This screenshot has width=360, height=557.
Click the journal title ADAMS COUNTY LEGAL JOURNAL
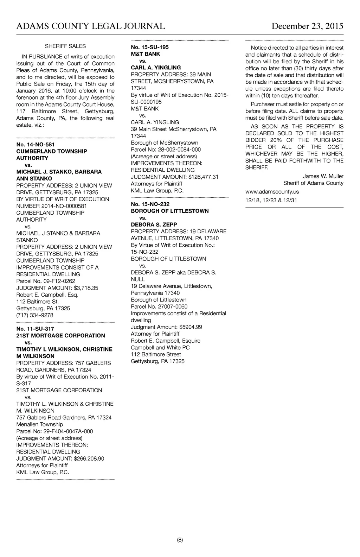coord(91,26)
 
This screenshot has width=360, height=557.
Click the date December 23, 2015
coord(307,26)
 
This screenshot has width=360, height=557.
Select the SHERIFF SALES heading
coord(65,46)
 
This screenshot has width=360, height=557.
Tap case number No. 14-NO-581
coord(36,145)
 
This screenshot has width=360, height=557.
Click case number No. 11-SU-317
coord(35,329)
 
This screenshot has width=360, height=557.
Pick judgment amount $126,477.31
coord(203,177)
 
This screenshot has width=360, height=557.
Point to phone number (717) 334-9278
coord(35,315)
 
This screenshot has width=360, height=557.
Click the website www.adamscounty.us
coord(272,192)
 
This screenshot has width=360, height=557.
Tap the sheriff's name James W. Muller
coord(323,176)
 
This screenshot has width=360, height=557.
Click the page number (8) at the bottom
coord(180,540)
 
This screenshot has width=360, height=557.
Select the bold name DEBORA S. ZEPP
coord(154,225)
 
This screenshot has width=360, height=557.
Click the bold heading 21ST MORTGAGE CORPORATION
coord(60,336)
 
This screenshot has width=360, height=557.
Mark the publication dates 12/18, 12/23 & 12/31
coord(271,201)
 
